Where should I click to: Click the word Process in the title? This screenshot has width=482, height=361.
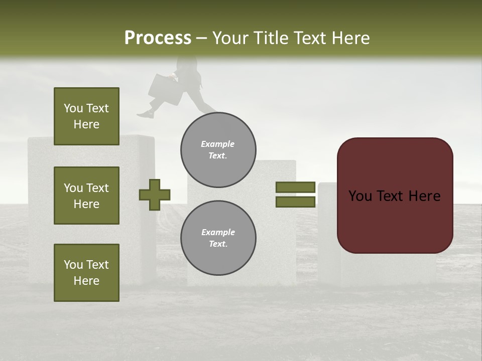click(x=158, y=38)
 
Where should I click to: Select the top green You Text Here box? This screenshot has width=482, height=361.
click(x=86, y=116)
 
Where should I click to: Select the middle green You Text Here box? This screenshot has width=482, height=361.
click(x=86, y=196)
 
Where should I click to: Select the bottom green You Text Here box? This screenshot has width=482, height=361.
click(x=86, y=273)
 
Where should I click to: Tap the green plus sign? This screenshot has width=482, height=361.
click(x=155, y=195)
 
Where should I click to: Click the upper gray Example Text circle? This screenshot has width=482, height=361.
click(x=218, y=150)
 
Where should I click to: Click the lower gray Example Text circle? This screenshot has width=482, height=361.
click(x=218, y=238)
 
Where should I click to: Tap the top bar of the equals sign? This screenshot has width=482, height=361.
click(x=295, y=188)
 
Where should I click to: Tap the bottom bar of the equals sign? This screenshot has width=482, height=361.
click(x=295, y=202)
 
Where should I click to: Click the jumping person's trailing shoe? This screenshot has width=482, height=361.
click(x=145, y=115)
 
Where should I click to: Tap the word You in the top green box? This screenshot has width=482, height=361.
click(x=73, y=108)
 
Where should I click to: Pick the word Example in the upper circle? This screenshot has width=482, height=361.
click(x=218, y=144)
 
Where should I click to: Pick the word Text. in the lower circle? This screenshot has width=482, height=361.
click(x=218, y=244)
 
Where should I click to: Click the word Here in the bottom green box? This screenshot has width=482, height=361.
click(x=86, y=281)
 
